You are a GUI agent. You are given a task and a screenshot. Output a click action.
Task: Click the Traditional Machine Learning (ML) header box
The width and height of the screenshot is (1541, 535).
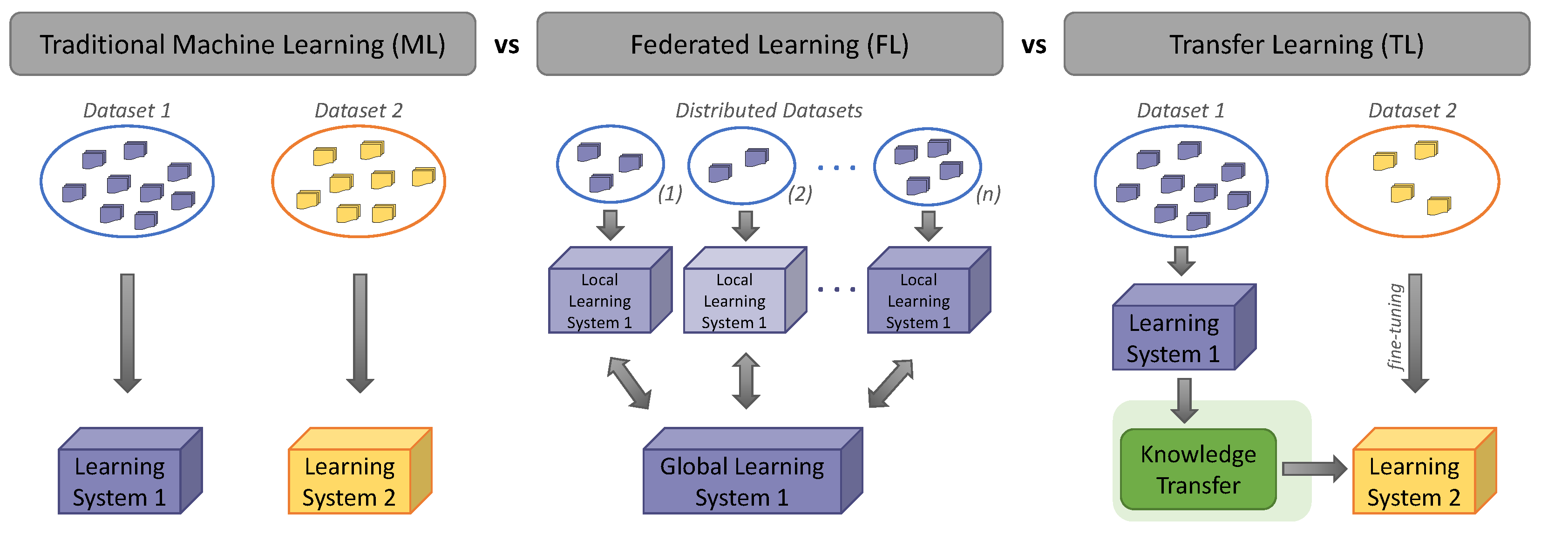point(242,44)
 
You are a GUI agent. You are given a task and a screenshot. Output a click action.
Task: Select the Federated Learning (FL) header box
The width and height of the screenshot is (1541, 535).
point(769,44)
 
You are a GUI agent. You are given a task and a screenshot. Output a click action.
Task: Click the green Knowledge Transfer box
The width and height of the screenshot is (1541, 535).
point(1198,470)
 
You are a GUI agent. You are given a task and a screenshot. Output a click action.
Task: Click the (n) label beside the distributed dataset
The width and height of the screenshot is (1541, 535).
point(988,194)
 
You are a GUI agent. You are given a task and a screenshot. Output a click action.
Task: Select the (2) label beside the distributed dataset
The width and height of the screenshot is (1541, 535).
point(800,194)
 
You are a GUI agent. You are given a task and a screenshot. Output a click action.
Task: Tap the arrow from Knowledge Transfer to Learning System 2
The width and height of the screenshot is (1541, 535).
point(1314,468)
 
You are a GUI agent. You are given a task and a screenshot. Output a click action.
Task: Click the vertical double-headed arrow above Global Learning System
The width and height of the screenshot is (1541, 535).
point(746,381)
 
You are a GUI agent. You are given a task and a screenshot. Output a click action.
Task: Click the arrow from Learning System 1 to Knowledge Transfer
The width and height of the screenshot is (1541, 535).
point(1184,399)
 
